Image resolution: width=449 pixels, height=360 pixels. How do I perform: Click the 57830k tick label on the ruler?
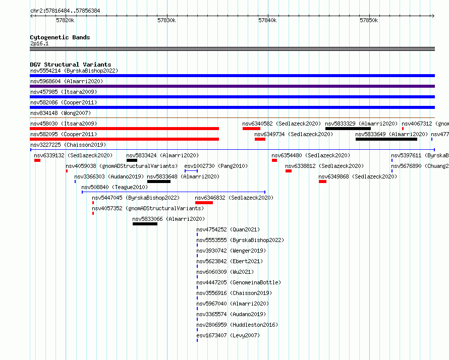pos(166,20)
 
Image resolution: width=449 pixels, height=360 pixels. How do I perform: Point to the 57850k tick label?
pos(369,20)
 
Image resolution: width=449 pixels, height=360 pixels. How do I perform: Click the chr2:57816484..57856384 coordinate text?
pos(65,11)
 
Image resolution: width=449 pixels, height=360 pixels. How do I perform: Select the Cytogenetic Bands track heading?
pos(60,37)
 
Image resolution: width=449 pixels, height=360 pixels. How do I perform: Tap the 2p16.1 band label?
pos(39,43)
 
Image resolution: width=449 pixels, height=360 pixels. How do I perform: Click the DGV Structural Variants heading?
pos(71,65)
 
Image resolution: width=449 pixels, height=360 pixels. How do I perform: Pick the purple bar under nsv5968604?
pos(232,86)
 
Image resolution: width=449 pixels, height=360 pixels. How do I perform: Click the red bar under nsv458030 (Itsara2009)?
pos(124,129)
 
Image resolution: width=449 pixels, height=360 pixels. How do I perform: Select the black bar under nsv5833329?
pos(348,129)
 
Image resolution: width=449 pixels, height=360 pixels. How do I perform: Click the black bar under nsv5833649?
pos(386,139)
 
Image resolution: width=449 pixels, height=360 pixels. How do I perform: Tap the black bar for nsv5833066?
pos(145,224)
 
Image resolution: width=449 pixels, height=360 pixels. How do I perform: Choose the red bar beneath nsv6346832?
pos(204,203)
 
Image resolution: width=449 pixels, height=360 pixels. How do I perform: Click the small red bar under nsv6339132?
pos(37,160)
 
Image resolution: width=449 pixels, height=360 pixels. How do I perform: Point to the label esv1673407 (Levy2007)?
pos(228,335)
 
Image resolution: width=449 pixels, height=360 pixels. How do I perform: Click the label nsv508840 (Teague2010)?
pos(115,187)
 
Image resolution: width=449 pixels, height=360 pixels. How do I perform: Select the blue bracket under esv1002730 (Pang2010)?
pos(191,171)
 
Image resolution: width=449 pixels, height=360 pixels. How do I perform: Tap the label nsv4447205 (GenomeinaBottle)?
pos(239,282)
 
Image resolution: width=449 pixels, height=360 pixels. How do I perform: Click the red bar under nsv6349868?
pos(322,182)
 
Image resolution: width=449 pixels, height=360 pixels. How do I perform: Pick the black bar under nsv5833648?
pos(158,182)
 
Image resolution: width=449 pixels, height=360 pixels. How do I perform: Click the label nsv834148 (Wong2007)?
pos(61,113)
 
